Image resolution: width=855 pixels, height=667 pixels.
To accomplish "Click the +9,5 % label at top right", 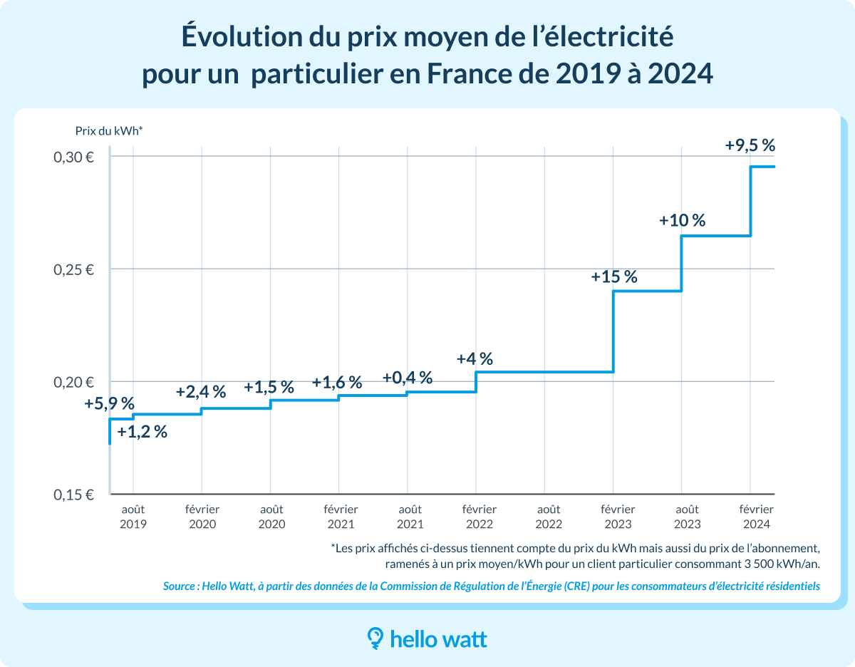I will coord(750,145).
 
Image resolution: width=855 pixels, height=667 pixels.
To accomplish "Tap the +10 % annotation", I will coord(682,220).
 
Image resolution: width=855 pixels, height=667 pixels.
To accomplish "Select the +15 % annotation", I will coord(613,276).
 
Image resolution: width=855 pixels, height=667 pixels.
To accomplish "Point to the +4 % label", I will coord(475,358).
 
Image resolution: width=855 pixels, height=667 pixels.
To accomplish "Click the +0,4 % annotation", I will coord(407,378).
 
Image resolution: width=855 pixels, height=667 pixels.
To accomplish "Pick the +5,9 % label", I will coord(109,404).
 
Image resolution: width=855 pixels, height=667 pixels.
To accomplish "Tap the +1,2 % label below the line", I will coord(142,432).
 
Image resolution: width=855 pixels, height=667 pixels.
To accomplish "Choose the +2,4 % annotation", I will coord(201,391).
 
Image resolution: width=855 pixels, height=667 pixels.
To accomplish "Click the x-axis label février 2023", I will coord(617,517).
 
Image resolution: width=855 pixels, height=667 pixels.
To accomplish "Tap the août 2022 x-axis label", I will coord(548,517).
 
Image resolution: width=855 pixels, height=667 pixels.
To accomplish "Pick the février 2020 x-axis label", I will coord(202,517).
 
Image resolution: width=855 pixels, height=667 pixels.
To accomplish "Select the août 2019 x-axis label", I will coord(133,517).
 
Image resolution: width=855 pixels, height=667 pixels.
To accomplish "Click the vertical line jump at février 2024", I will coord(750,201).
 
